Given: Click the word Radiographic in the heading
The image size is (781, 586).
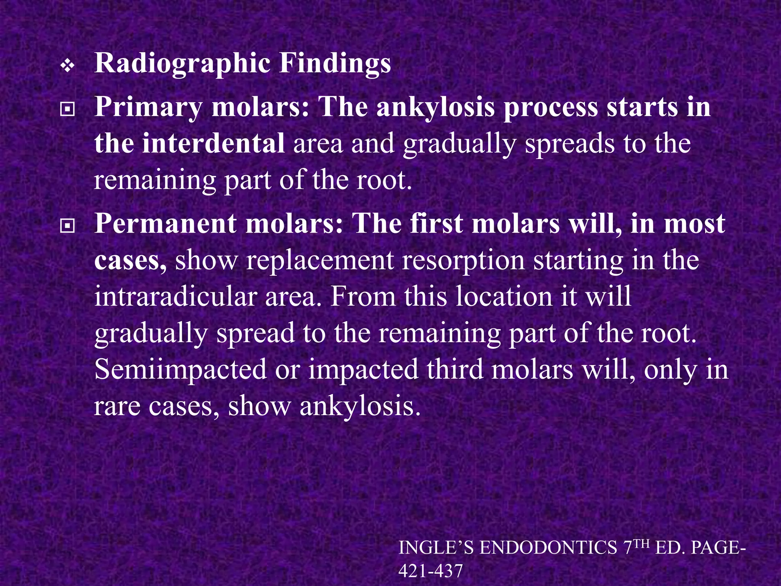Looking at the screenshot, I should [x=182, y=63].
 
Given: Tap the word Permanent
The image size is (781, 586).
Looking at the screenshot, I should [x=165, y=224].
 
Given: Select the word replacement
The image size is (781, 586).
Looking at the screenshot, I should [x=319, y=261].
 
